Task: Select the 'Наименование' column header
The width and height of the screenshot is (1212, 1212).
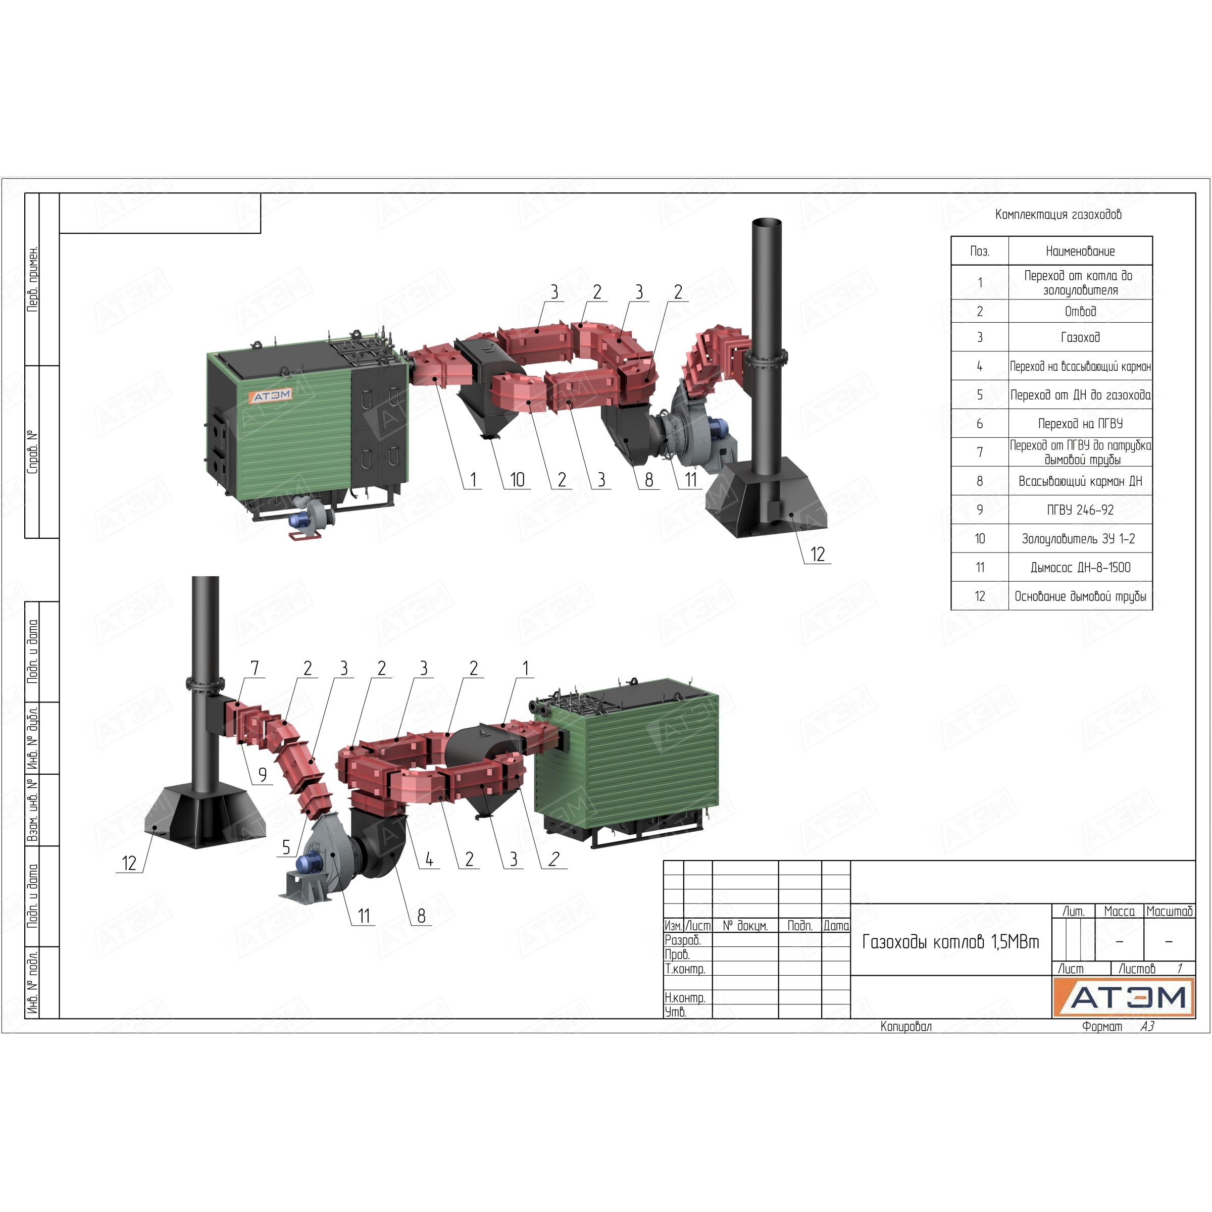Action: [x=1080, y=251]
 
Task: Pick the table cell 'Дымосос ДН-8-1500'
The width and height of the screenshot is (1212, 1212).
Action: [x=1080, y=568]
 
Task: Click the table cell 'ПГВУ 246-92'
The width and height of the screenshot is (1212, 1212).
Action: [x=1080, y=510]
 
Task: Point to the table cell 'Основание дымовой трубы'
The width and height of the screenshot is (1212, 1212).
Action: [x=1080, y=596]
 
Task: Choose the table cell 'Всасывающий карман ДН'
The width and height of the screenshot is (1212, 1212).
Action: [x=1080, y=481]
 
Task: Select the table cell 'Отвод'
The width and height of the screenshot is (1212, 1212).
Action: [x=1080, y=311]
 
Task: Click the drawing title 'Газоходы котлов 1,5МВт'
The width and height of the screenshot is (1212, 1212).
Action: [x=950, y=942]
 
